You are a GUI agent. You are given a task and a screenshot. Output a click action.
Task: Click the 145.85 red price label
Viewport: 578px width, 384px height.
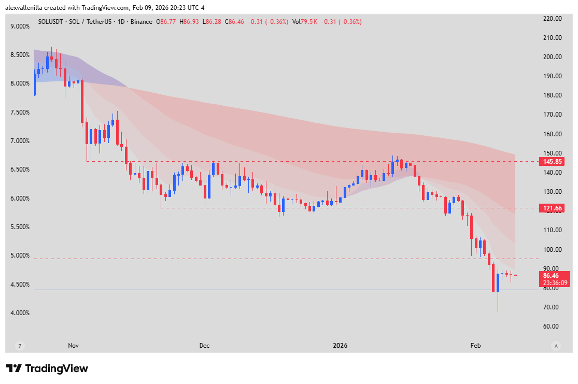tap(553, 162)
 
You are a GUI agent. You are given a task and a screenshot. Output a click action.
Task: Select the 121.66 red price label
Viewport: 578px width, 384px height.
tap(553, 208)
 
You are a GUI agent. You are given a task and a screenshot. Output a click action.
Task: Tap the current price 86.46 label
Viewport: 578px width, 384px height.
tap(552, 276)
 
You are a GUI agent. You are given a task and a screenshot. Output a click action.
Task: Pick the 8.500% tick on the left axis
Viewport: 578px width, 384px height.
tap(20, 55)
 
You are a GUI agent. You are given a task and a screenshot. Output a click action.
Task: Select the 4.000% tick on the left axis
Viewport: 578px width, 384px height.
tap(20, 313)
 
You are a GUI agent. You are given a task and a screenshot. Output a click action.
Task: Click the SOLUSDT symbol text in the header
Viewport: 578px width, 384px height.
tap(51, 22)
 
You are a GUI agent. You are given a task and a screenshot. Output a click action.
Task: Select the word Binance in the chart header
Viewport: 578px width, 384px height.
tap(141, 22)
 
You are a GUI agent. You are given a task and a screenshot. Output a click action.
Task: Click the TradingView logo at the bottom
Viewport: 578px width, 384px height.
tap(47, 368)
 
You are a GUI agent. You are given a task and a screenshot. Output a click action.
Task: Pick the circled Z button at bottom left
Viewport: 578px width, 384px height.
tap(20, 346)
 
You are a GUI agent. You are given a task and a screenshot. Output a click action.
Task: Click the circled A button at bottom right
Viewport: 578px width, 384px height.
tap(556, 346)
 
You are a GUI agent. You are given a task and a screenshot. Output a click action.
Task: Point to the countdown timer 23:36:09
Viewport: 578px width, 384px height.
tap(555, 283)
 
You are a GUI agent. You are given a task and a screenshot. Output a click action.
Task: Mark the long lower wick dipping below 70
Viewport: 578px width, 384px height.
tap(498, 303)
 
